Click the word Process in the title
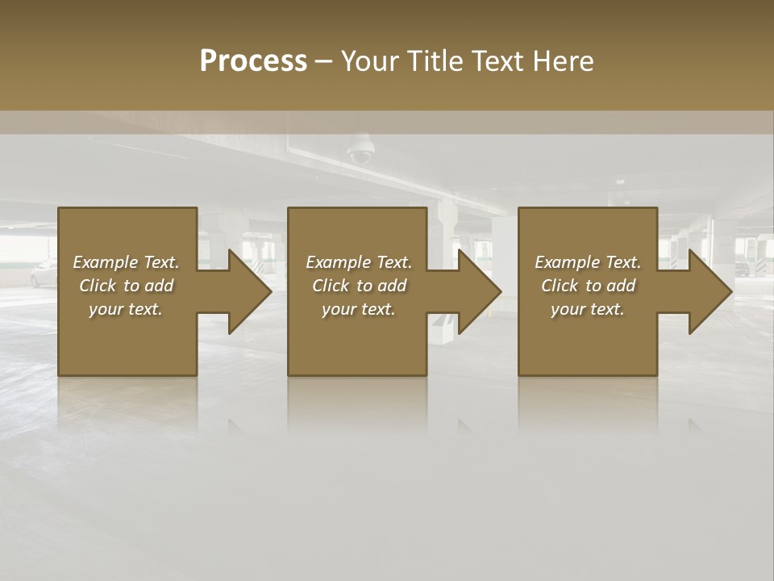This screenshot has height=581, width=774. pos(253,61)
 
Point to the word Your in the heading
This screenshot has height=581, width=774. pos(370,61)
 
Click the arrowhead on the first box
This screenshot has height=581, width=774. pos(247,291)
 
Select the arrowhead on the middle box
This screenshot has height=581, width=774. pos(476,291)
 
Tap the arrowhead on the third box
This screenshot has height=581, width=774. pos(707,291)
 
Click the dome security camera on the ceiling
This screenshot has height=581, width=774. pos(360,152)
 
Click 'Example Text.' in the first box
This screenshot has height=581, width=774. pos(127,262)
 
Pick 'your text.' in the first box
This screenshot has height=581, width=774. pos(127,309)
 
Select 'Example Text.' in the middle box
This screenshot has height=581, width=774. pos(359,262)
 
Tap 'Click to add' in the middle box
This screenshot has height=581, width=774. pos(359,286)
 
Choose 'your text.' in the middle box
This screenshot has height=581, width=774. pos(359,309)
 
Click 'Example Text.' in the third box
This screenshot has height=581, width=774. pos(588,262)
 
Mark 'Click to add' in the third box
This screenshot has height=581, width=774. pos(588,286)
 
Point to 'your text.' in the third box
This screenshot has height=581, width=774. pos(588,309)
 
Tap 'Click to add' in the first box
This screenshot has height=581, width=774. pos(127,286)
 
